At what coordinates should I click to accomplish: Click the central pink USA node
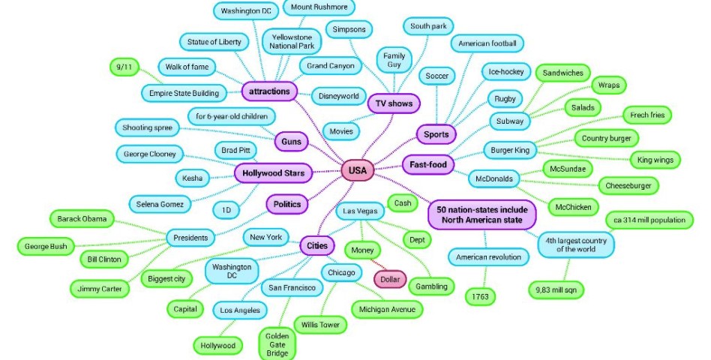358,171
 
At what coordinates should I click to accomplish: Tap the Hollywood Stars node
272,173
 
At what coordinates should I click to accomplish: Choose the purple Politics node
286,204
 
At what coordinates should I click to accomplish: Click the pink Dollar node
391,279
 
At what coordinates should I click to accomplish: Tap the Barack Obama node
82,220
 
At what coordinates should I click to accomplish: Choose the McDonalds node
493,179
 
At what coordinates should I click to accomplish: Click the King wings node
654,160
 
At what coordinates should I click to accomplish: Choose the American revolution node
488,258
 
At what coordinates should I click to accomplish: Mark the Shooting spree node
148,128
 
